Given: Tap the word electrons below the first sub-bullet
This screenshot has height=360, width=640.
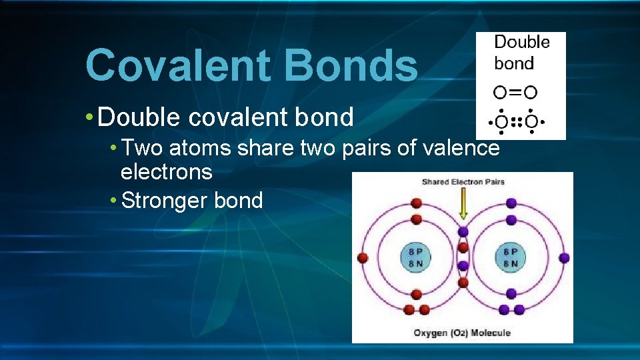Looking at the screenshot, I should click(x=166, y=172).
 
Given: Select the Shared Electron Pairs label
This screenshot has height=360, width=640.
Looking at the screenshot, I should click(x=463, y=181).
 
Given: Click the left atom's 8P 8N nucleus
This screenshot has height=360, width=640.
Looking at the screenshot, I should click(x=415, y=257).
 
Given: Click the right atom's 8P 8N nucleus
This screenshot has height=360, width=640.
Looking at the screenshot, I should click(x=511, y=257).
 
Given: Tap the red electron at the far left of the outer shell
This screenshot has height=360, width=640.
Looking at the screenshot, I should click(x=363, y=257).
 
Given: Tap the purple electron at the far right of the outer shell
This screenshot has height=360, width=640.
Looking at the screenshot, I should click(x=564, y=257).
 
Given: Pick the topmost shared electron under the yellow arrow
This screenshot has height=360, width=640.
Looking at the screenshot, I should click(x=463, y=232).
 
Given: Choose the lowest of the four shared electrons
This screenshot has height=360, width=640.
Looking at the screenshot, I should click(x=463, y=283).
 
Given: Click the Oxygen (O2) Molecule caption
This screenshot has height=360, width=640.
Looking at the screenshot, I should click(x=462, y=333).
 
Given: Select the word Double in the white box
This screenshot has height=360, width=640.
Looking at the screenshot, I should click(x=521, y=43).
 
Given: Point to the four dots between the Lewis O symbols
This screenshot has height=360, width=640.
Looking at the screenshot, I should click(x=515, y=123).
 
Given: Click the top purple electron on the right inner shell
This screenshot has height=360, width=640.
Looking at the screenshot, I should click(x=511, y=220).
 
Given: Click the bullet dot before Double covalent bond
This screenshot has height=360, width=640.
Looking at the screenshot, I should click(x=89, y=117).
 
